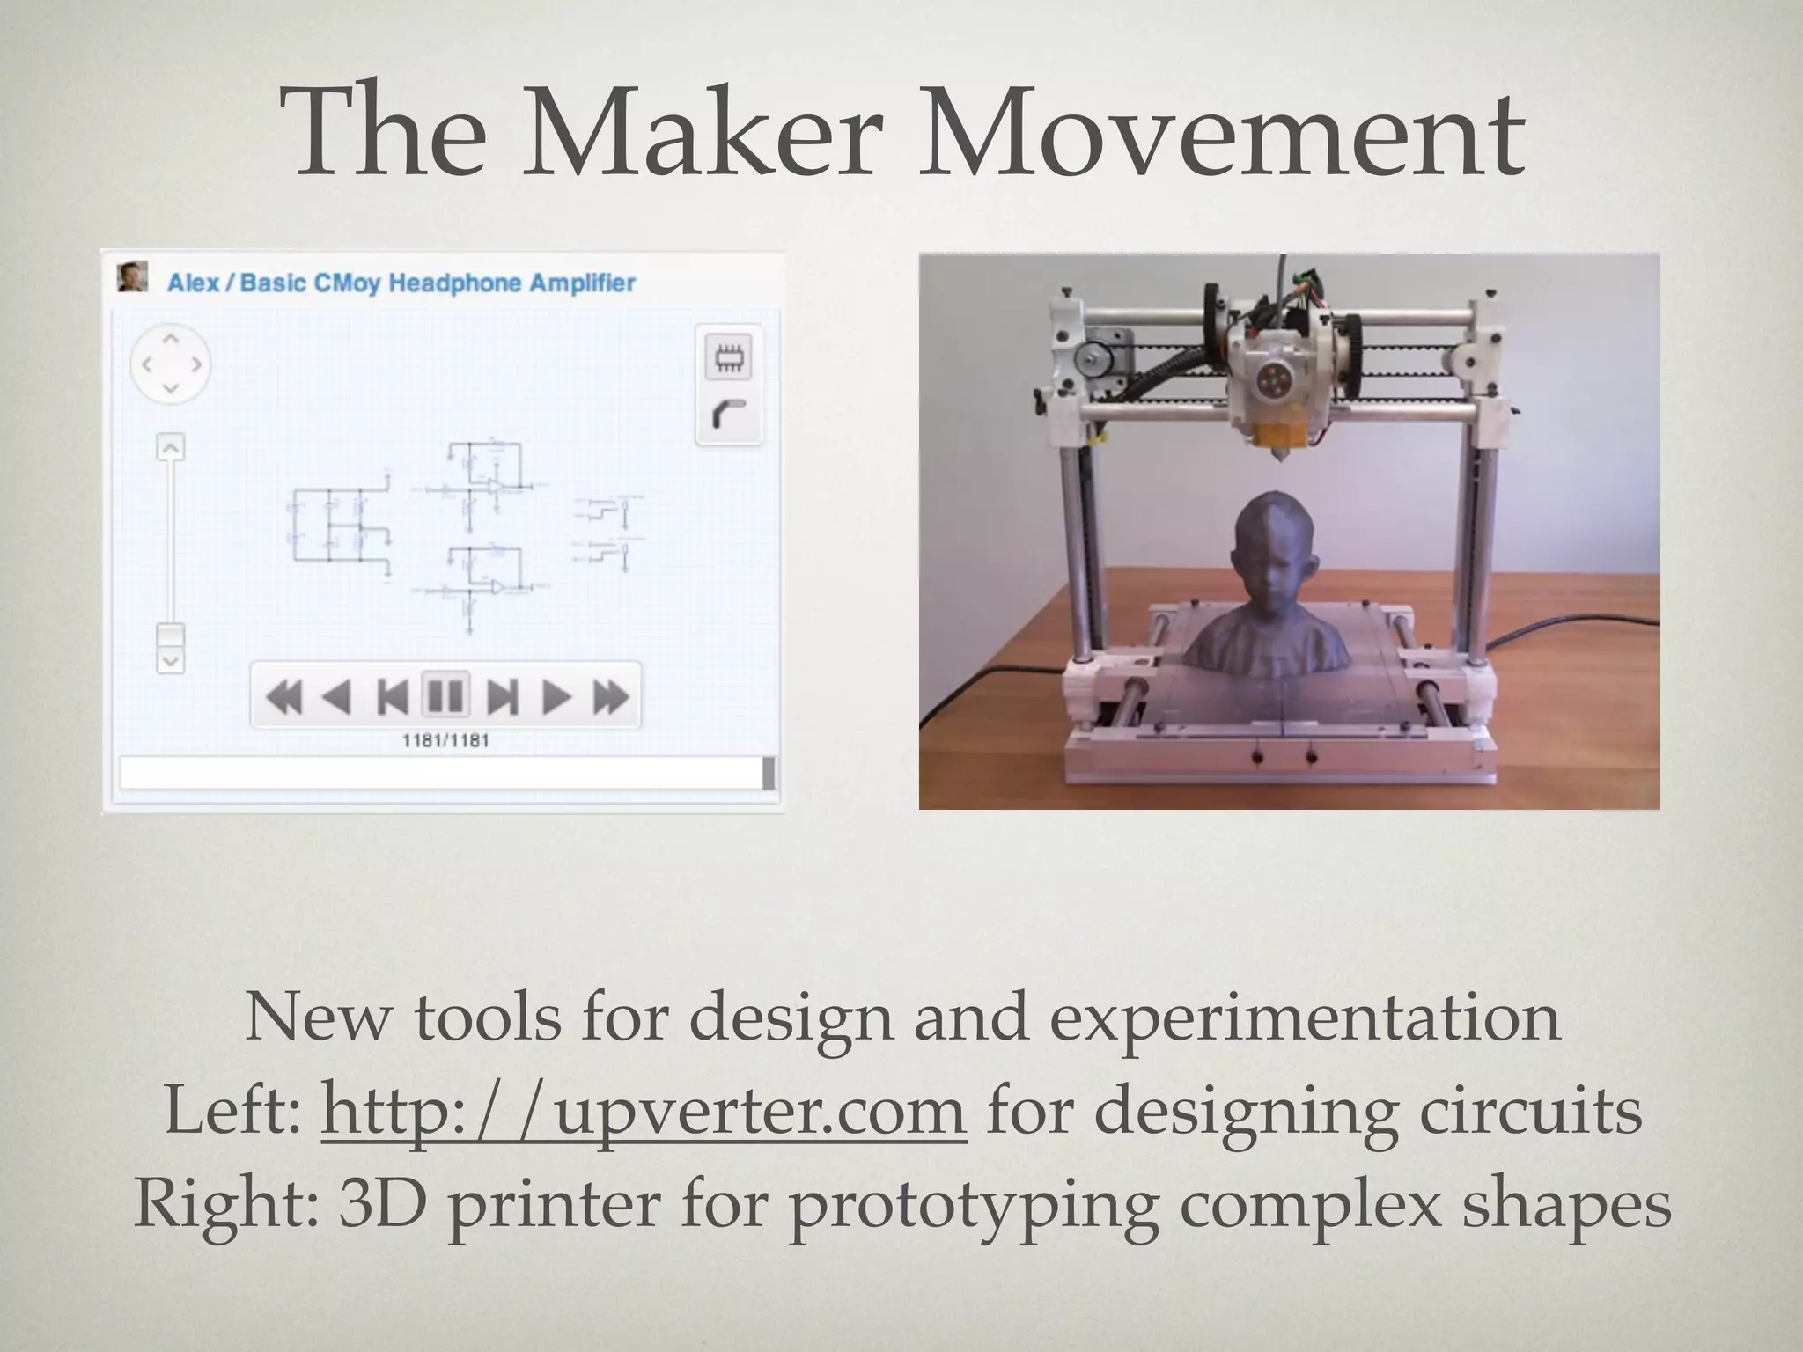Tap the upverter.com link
point(644,1111)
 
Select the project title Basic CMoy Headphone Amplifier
point(438,283)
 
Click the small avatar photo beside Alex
point(132,277)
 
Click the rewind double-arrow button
point(283,697)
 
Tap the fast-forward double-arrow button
point(610,697)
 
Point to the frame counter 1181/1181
point(445,741)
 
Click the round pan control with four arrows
point(171,364)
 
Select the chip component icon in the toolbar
point(728,358)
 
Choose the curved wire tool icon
point(728,415)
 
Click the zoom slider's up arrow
point(170,448)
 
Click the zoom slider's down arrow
point(170,660)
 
